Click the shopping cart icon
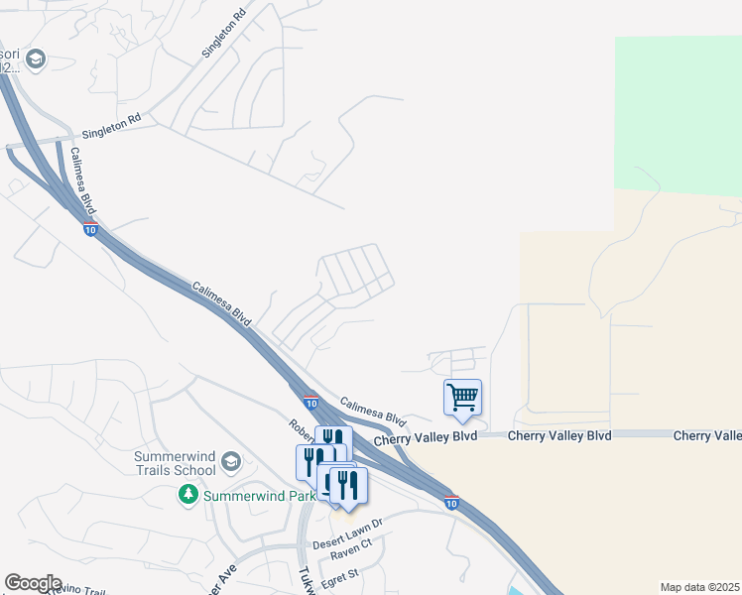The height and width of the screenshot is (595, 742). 462,398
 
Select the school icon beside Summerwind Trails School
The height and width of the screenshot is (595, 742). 231,461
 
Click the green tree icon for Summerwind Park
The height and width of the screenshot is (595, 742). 188,494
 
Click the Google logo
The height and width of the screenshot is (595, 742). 33,582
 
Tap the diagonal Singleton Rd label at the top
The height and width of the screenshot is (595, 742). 224,34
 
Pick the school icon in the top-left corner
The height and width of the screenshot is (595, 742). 37,60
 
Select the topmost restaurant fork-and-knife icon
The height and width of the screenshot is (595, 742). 333,440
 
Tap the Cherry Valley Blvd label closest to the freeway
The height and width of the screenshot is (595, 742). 426,436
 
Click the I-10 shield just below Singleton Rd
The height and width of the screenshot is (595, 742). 90,230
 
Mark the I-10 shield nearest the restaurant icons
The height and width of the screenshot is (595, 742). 310,404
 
